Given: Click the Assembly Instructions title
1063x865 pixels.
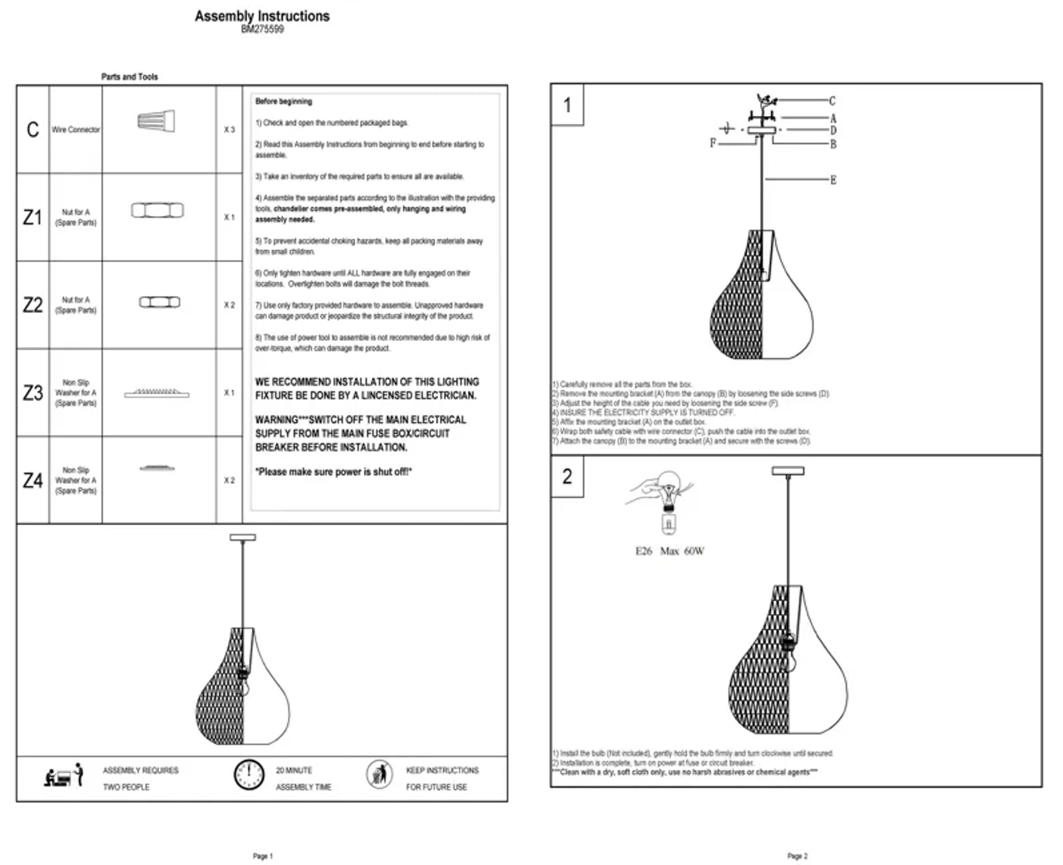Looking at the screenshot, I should pyautogui.click(x=262, y=16).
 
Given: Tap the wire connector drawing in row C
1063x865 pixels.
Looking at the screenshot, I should pyautogui.click(x=156, y=121).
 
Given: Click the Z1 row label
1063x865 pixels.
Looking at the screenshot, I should pyautogui.click(x=32, y=217).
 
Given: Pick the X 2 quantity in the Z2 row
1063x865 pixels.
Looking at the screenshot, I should pyautogui.click(x=229, y=305).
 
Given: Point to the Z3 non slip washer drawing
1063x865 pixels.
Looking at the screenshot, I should pyautogui.click(x=157, y=393).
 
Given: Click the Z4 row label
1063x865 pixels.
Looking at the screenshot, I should pyautogui.click(x=32, y=480).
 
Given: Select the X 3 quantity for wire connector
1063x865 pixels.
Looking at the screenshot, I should pyautogui.click(x=229, y=130).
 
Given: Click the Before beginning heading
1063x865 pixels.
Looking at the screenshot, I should pyautogui.click(x=283, y=101).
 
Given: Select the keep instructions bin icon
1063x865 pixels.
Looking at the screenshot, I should pyautogui.click(x=380, y=774).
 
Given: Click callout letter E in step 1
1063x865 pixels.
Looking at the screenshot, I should pyautogui.click(x=833, y=180).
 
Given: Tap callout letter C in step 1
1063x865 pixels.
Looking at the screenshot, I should pyautogui.click(x=832, y=101).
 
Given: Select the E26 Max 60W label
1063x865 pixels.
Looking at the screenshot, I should pyautogui.click(x=669, y=551).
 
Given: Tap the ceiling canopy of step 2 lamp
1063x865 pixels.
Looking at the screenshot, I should pyautogui.click(x=788, y=470).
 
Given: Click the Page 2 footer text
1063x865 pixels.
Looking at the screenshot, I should pyautogui.click(x=797, y=856).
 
